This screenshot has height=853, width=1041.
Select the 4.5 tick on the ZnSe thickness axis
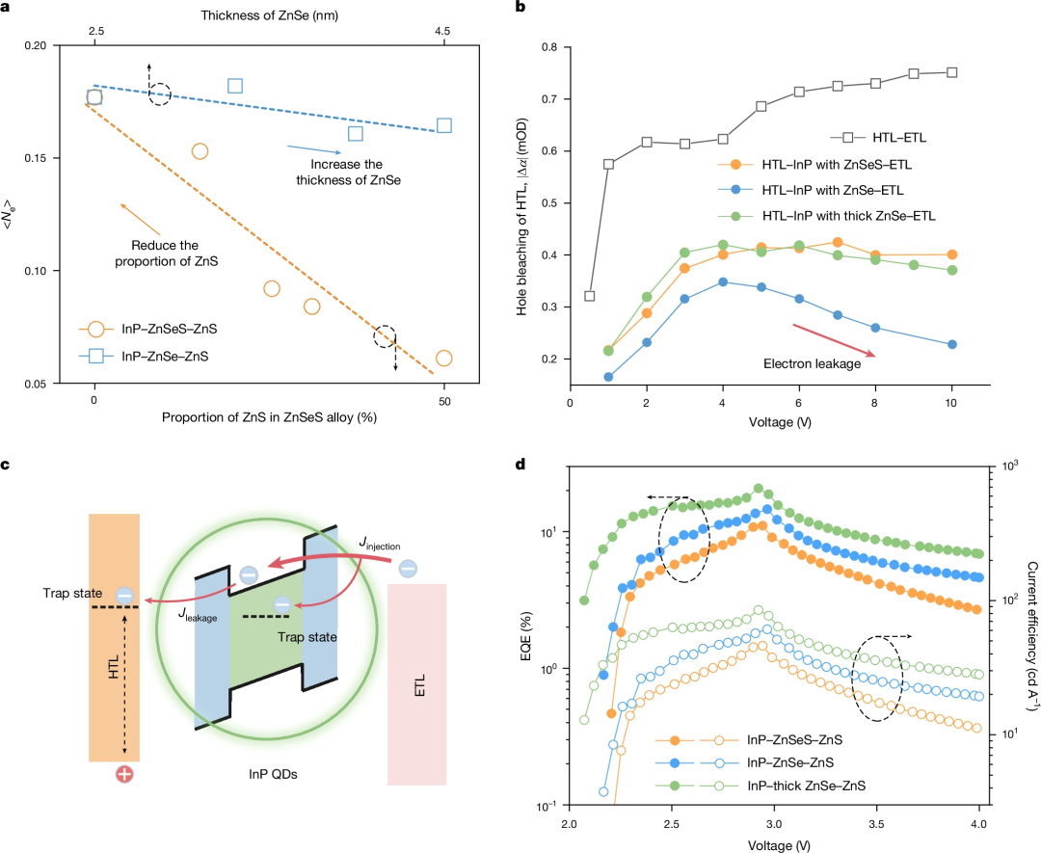tap(443, 32)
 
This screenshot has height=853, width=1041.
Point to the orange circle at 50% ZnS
tap(443, 358)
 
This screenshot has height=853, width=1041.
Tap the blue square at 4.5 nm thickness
tap(444, 125)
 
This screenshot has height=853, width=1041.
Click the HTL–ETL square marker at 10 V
tap(952, 72)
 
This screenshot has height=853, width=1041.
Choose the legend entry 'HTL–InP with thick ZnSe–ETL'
tap(839, 216)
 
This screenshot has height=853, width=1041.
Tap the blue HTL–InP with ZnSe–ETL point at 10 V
tap(952, 344)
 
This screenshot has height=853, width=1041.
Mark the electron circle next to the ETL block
tap(408, 569)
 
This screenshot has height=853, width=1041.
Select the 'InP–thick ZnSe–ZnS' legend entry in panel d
tap(805, 786)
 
